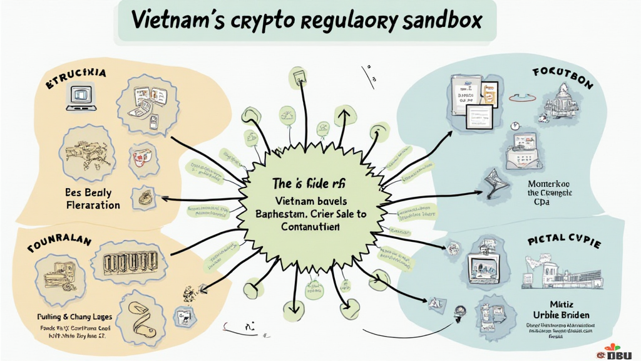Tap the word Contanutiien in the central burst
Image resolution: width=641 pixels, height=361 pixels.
302,227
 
